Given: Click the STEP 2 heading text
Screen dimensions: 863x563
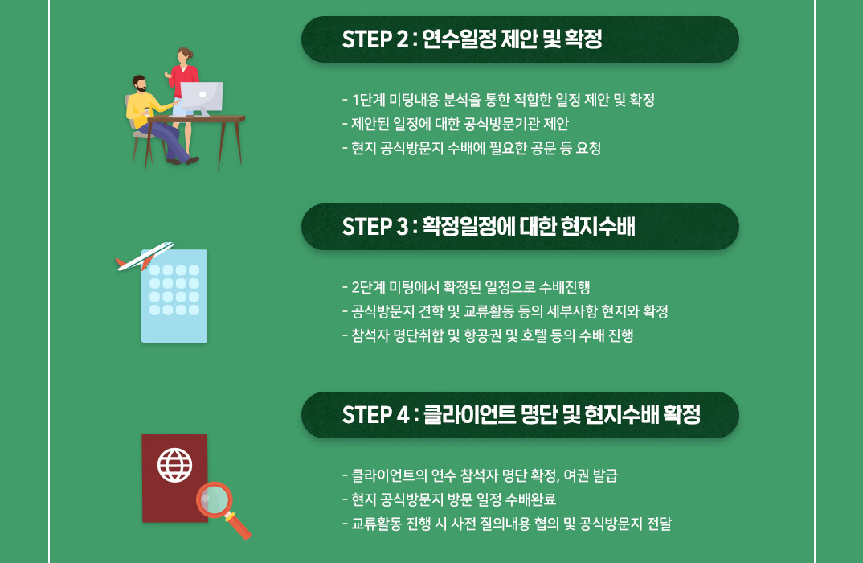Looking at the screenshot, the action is coord(472,39).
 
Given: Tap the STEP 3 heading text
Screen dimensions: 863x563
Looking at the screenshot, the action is coord(489,227).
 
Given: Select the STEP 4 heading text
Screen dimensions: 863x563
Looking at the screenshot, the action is coord(521,414).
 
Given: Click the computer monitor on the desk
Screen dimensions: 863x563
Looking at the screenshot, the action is coord(202,98).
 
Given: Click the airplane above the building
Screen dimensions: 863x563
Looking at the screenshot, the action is coord(144,256).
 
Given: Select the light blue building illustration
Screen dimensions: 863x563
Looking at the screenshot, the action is coord(174,296).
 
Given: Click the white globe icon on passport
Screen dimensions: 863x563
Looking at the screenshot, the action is coord(174,465).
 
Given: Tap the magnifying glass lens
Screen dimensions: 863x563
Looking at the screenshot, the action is coord(215,499).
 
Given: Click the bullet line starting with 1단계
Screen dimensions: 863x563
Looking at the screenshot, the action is coord(498,100).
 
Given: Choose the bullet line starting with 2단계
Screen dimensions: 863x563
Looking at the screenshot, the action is coord(465,287).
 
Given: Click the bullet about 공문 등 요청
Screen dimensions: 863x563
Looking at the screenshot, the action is coord(471,148).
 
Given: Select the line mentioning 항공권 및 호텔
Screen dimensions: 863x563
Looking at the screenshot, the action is coord(488,335).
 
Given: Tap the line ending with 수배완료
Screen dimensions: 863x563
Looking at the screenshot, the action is coord(449,499).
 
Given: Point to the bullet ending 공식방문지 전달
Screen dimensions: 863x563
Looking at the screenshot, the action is coord(507,524).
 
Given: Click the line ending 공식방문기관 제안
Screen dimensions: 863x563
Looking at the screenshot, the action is coord(455,124).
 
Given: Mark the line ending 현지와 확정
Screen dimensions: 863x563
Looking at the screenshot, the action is coord(505,311).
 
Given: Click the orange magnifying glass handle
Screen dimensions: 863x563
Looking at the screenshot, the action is coord(238,525).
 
